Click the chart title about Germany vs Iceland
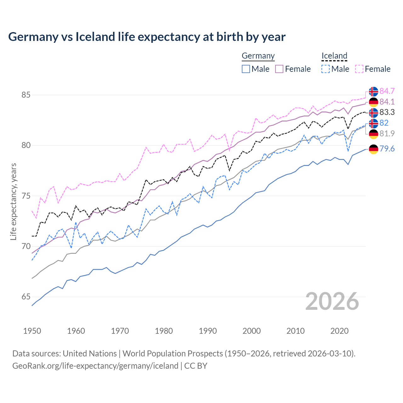click(x=147, y=37)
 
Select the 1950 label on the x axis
click(x=32, y=331)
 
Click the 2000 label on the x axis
click(x=252, y=331)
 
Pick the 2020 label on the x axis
click(x=339, y=331)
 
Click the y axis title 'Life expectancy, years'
click(x=13, y=201)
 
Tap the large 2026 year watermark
click(x=332, y=301)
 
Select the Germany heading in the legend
click(x=258, y=56)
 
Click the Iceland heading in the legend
click(x=334, y=56)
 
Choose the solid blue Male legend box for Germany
click(x=246, y=69)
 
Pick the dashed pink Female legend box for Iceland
click(x=359, y=69)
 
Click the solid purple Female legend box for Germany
click(x=279, y=69)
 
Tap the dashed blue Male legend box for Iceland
click(x=326, y=69)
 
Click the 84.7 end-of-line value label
click(x=387, y=91)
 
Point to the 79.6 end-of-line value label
click(x=387, y=149)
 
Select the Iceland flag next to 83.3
click(x=373, y=112)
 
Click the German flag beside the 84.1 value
click(x=373, y=102)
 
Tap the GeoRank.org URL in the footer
click(x=95, y=366)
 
